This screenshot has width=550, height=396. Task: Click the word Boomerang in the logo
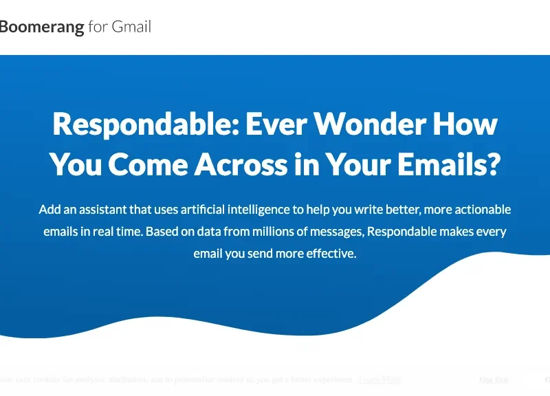tap(41, 27)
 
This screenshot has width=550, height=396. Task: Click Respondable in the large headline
tap(142, 124)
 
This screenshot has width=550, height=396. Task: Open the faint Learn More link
tap(380, 379)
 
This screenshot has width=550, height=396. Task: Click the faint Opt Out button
tap(494, 379)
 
